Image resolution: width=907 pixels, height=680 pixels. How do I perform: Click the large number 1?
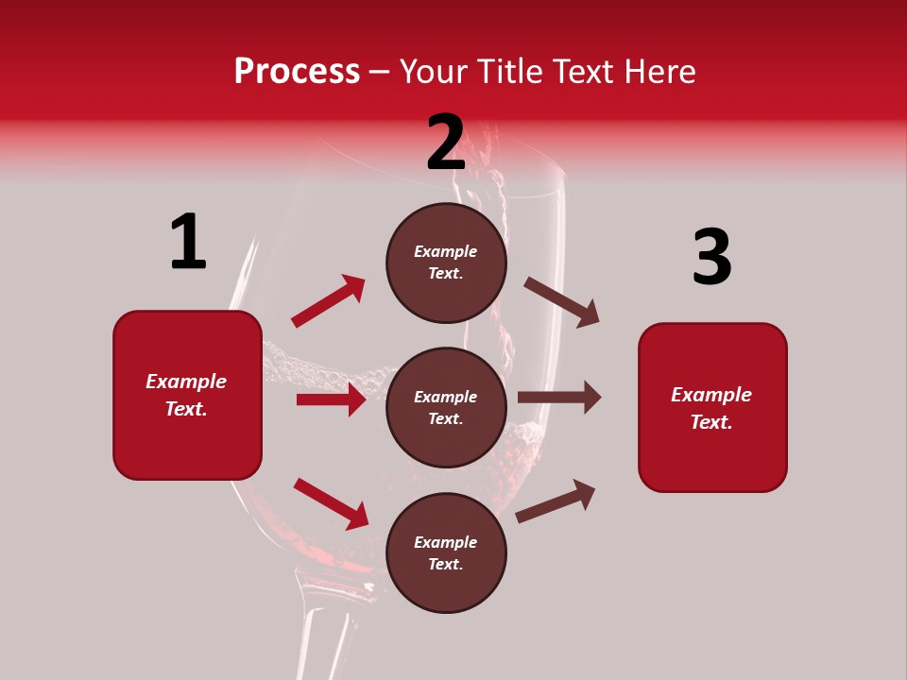click(x=188, y=243)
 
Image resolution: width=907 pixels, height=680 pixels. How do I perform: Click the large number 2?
click(x=446, y=144)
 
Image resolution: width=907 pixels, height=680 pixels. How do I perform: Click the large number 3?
click(x=711, y=258)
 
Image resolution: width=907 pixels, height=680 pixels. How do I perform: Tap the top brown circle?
click(x=446, y=263)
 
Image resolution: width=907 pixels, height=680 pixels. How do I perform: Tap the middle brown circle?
click(x=446, y=407)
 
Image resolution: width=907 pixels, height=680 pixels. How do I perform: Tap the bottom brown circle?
click(x=446, y=552)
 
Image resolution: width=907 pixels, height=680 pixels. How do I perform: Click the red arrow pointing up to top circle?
click(x=328, y=301)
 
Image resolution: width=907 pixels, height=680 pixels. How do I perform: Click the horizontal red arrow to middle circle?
click(x=331, y=399)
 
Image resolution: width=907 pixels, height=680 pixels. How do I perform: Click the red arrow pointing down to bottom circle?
click(x=331, y=503)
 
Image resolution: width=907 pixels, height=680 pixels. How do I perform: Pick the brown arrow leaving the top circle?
click(x=561, y=302)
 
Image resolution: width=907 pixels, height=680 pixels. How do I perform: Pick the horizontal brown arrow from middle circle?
click(x=559, y=397)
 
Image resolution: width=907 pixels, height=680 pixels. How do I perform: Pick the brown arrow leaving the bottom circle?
click(x=556, y=501)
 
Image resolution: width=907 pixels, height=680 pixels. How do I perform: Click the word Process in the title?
click(x=297, y=71)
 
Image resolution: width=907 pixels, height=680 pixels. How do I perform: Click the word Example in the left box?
click(x=186, y=382)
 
